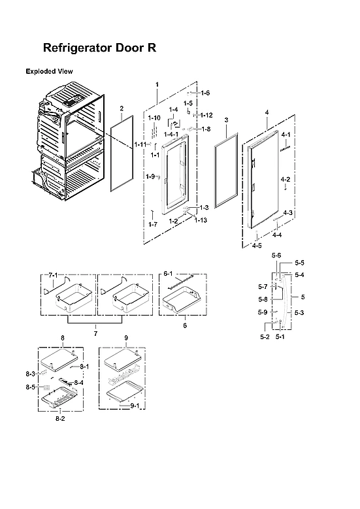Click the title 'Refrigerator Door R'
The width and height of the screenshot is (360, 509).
tap(99, 48)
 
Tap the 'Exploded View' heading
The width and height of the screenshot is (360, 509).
tap(49, 71)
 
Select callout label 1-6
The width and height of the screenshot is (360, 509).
tap(205, 93)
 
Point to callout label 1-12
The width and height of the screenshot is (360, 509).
tap(207, 115)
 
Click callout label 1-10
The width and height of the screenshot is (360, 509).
tap(154, 118)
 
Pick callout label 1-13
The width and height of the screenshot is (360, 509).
tap(201, 220)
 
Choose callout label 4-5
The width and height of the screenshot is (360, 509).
tap(257, 246)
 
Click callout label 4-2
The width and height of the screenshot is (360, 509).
tap(286, 178)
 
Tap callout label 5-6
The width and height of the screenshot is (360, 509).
tap(276, 255)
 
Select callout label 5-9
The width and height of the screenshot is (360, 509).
tap(262, 312)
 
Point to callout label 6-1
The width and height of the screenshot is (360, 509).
tap(168, 273)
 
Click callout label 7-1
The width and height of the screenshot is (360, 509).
tap(53, 275)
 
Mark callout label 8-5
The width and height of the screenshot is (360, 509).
tap(31, 387)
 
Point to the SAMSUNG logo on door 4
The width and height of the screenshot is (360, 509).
tap(286, 147)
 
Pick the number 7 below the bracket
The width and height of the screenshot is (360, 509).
tap(95, 334)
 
